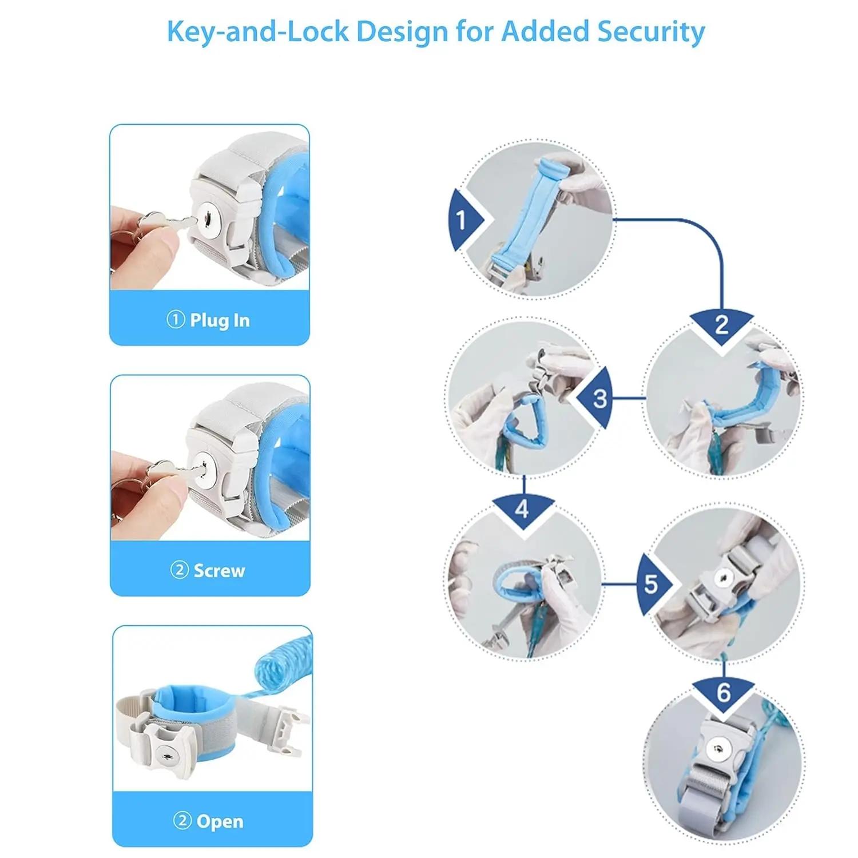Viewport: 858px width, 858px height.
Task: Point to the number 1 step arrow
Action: (463, 220)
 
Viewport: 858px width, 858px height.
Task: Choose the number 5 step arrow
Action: (653, 585)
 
